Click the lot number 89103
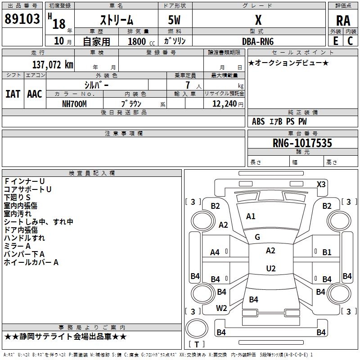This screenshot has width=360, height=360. pyautogui.click(x=22, y=19)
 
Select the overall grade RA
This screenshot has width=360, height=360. pyautogui.click(x=343, y=21)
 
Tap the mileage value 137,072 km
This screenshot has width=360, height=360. pyautogui.click(x=53, y=65)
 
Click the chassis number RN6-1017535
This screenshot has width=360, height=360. pyautogui.click(x=302, y=143)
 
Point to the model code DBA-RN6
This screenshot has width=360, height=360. pyautogui.click(x=258, y=41)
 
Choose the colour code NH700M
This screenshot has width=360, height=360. pyautogui.click(x=74, y=104)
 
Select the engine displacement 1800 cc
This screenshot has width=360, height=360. pyautogui.click(x=141, y=41)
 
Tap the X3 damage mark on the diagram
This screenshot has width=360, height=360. pyautogui.click(x=321, y=184)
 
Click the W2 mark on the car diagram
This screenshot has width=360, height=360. pyautogui.click(x=221, y=308)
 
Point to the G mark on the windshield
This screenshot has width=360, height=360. pyautogui.click(x=257, y=237)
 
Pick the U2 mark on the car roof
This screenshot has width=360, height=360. pyautogui.click(x=271, y=268)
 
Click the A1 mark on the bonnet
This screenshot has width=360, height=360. pyautogui.click(x=251, y=216)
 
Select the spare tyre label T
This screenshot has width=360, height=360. pyautogui.click(x=197, y=344)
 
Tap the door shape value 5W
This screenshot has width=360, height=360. pyautogui.click(x=174, y=20)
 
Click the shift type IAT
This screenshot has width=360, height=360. pyautogui.click(x=13, y=94)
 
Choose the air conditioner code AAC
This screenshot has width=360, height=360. pyautogui.click(x=35, y=94)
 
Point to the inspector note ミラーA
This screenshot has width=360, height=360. pyautogui.click(x=17, y=246)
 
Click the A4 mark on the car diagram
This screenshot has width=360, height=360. pyautogui.click(x=215, y=252)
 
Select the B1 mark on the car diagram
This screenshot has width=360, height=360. pyautogui.click(x=327, y=252)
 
